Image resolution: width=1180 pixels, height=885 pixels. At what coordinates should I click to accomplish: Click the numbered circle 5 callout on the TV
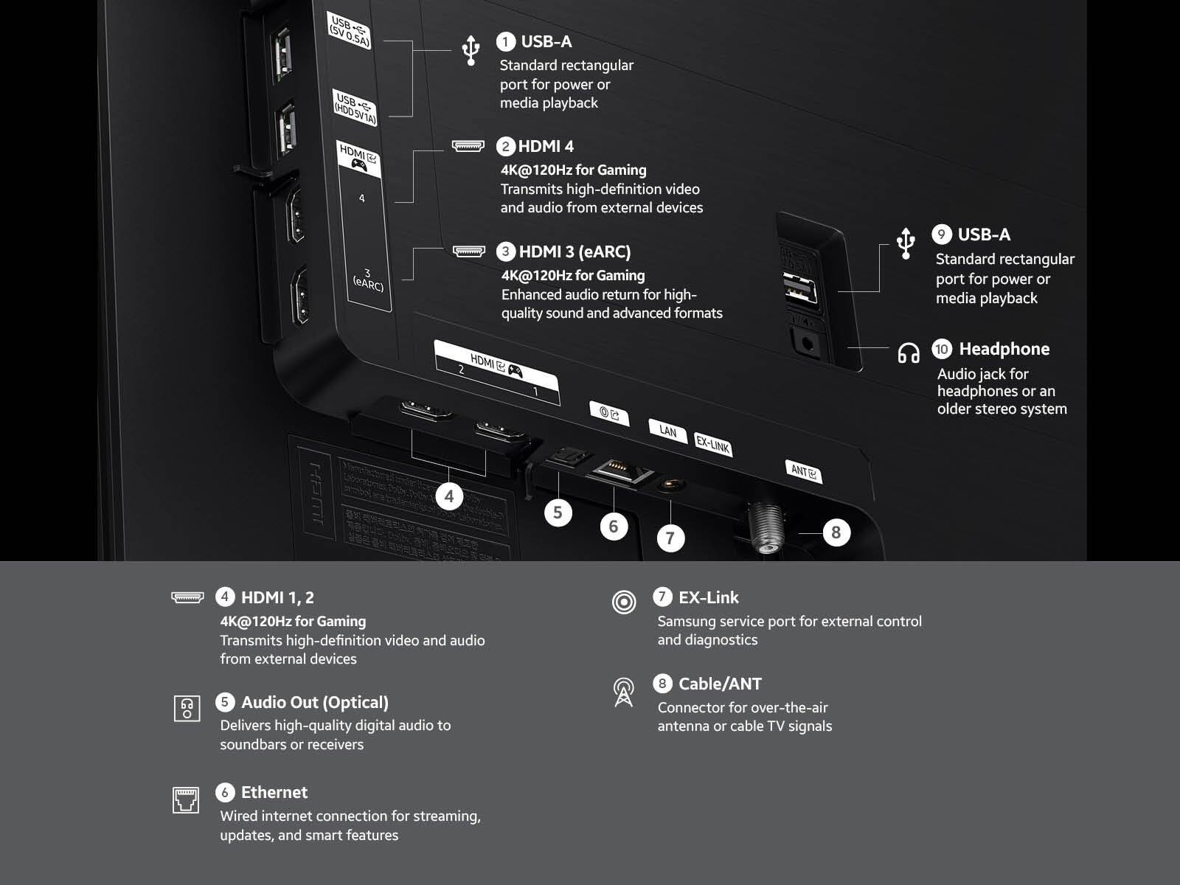(558, 512)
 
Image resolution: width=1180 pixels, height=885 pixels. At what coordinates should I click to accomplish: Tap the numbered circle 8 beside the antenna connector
(836, 532)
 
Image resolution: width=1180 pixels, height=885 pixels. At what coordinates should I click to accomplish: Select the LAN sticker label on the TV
(667, 431)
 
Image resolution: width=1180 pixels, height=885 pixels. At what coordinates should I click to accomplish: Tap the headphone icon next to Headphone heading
(909, 353)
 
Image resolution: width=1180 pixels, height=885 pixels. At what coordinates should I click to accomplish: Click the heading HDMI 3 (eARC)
(575, 251)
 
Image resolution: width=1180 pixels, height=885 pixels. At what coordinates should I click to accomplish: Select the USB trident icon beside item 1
(471, 49)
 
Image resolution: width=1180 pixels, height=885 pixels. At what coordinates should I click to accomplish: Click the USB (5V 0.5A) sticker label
(350, 31)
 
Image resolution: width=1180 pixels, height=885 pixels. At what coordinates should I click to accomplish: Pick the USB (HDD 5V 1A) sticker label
(355, 108)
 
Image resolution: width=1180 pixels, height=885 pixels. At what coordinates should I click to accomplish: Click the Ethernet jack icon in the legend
(186, 799)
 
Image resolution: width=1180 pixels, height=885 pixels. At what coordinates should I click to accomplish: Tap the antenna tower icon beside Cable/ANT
(624, 692)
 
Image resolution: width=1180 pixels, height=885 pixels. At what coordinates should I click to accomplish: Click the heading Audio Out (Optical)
(314, 702)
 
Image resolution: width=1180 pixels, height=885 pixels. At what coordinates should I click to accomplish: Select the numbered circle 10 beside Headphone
(942, 349)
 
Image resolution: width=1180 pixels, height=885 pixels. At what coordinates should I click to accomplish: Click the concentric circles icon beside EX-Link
(624, 602)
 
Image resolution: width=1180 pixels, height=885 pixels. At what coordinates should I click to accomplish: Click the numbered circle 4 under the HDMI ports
(449, 496)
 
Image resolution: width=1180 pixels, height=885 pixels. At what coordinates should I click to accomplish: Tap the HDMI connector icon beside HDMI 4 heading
(468, 146)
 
